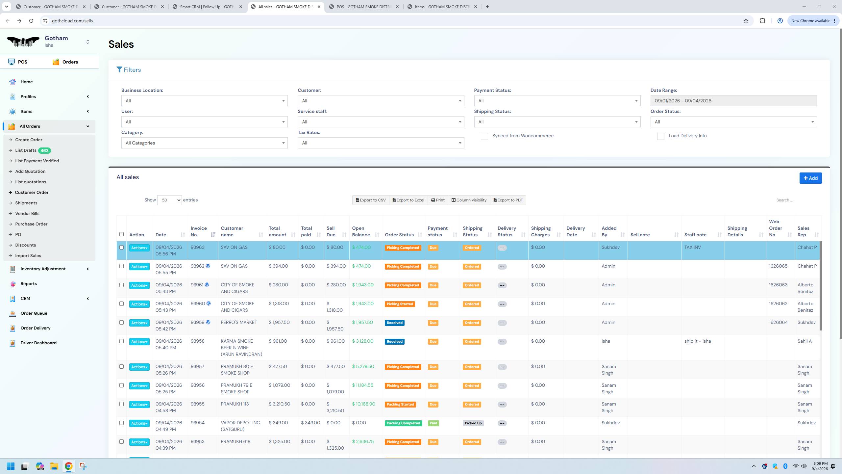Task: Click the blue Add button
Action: [x=810, y=178]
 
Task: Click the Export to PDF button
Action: [x=508, y=200]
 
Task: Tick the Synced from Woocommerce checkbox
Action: [x=484, y=136]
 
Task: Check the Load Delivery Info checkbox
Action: [x=660, y=136]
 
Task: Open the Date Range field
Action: [x=733, y=101]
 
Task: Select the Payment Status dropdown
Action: [x=557, y=101]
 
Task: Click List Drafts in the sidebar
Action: [x=26, y=150]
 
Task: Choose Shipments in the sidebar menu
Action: [x=26, y=203]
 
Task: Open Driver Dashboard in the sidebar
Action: [x=38, y=343]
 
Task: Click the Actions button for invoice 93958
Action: [x=139, y=342]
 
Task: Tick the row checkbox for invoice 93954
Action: [x=121, y=423]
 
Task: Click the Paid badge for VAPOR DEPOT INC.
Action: [x=433, y=423]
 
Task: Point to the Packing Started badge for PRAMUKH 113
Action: [x=400, y=405]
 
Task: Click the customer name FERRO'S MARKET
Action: [x=239, y=323]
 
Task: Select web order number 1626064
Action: [x=778, y=323]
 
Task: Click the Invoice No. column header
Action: [x=199, y=231]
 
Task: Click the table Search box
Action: [x=796, y=200]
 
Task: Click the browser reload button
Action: [x=31, y=21]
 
